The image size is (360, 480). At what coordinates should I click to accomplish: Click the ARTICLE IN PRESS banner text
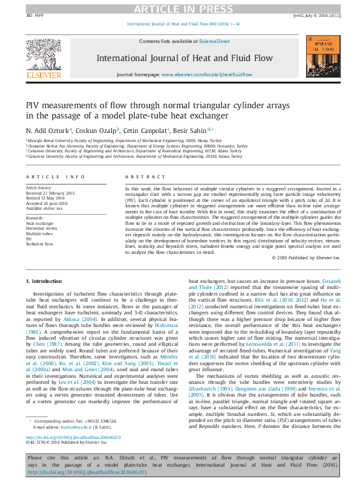pos(180,8)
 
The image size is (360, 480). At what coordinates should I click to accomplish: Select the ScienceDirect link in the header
pos(215,41)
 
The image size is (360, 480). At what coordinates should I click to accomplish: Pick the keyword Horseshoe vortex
pos(39,229)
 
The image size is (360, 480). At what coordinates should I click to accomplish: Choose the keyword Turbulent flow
pos(39,244)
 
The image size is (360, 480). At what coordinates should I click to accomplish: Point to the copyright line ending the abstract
pos(306,258)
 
